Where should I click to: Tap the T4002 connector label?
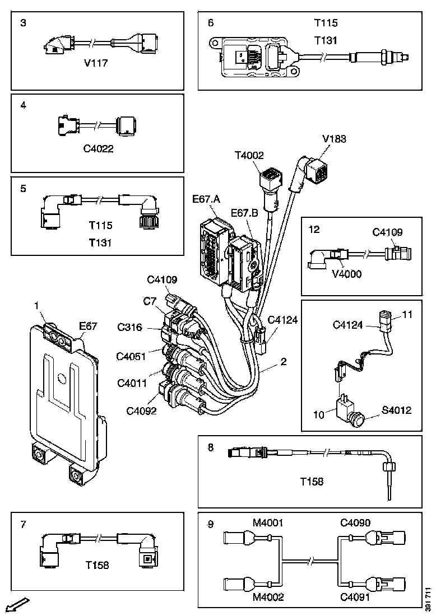pyautogui.click(x=249, y=156)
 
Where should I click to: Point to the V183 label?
pyautogui.click(x=335, y=139)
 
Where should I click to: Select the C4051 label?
pyautogui.click(x=132, y=356)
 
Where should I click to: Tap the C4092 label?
pyautogui.click(x=141, y=410)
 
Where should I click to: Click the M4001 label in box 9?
pyautogui.click(x=268, y=523)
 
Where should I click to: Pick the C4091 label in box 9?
pyautogui.click(x=356, y=597)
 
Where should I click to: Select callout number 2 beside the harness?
pyautogui.click(x=284, y=362)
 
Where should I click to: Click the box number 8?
pyautogui.click(x=211, y=447)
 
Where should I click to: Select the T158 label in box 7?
pyautogui.click(x=98, y=565)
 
